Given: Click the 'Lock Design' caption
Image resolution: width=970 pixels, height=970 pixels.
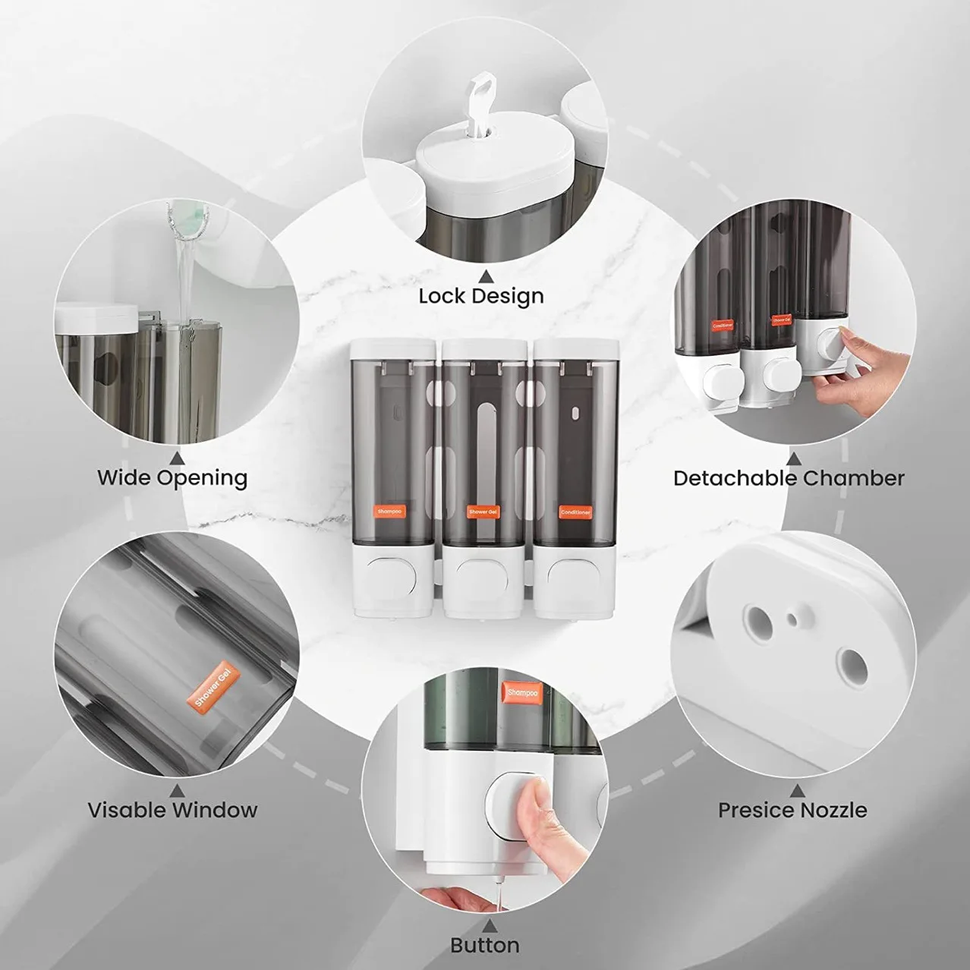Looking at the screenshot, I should (481, 296).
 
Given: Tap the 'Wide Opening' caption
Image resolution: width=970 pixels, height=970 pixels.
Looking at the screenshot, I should (172, 478).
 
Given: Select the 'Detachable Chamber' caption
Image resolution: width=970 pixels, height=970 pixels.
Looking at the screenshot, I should (789, 478).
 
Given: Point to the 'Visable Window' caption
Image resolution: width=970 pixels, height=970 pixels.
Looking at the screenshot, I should (172, 810).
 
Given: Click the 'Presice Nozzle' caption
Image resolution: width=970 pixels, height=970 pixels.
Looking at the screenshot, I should (792, 810).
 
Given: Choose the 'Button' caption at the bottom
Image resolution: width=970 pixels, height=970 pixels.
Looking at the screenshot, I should (484, 945).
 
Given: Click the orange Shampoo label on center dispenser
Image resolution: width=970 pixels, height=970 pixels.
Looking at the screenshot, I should (391, 512).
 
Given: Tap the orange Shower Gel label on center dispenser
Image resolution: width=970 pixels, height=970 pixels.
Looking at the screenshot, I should (483, 512).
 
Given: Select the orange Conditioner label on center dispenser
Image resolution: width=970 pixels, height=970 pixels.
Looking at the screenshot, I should (575, 512).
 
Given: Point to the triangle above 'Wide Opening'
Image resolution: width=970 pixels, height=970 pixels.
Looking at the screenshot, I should (177, 458).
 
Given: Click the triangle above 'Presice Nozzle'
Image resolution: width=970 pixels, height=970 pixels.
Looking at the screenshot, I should (794, 789).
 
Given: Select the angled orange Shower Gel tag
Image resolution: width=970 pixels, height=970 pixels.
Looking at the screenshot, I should (213, 687).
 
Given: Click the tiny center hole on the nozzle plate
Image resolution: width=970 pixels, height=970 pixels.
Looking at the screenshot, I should (793, 620).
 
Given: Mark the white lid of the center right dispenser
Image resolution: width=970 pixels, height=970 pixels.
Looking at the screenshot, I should (577, 348).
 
